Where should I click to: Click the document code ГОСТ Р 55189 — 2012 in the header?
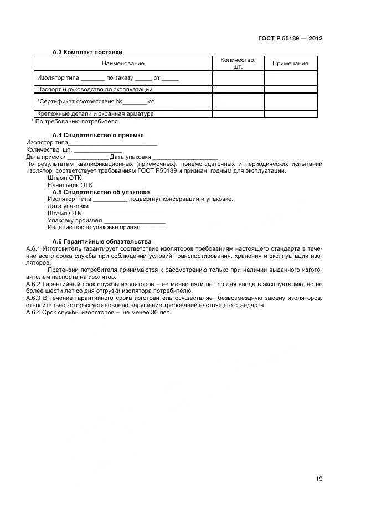tap(290, 39)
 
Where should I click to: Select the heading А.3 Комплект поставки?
tap(87, 52)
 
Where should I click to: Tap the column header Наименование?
tap(122, 64)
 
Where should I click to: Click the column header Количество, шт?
tap(238, 64)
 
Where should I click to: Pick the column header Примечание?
tap(290, 64)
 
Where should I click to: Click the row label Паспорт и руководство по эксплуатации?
tap(95, 89)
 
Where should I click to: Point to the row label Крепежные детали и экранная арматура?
tap(95, 113)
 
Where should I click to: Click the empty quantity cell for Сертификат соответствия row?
tap(238, 102)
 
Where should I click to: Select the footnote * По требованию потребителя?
tap(74, 121)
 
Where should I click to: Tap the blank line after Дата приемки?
tap(88, 157)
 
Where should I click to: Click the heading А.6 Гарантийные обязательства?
tap(101, 242)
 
